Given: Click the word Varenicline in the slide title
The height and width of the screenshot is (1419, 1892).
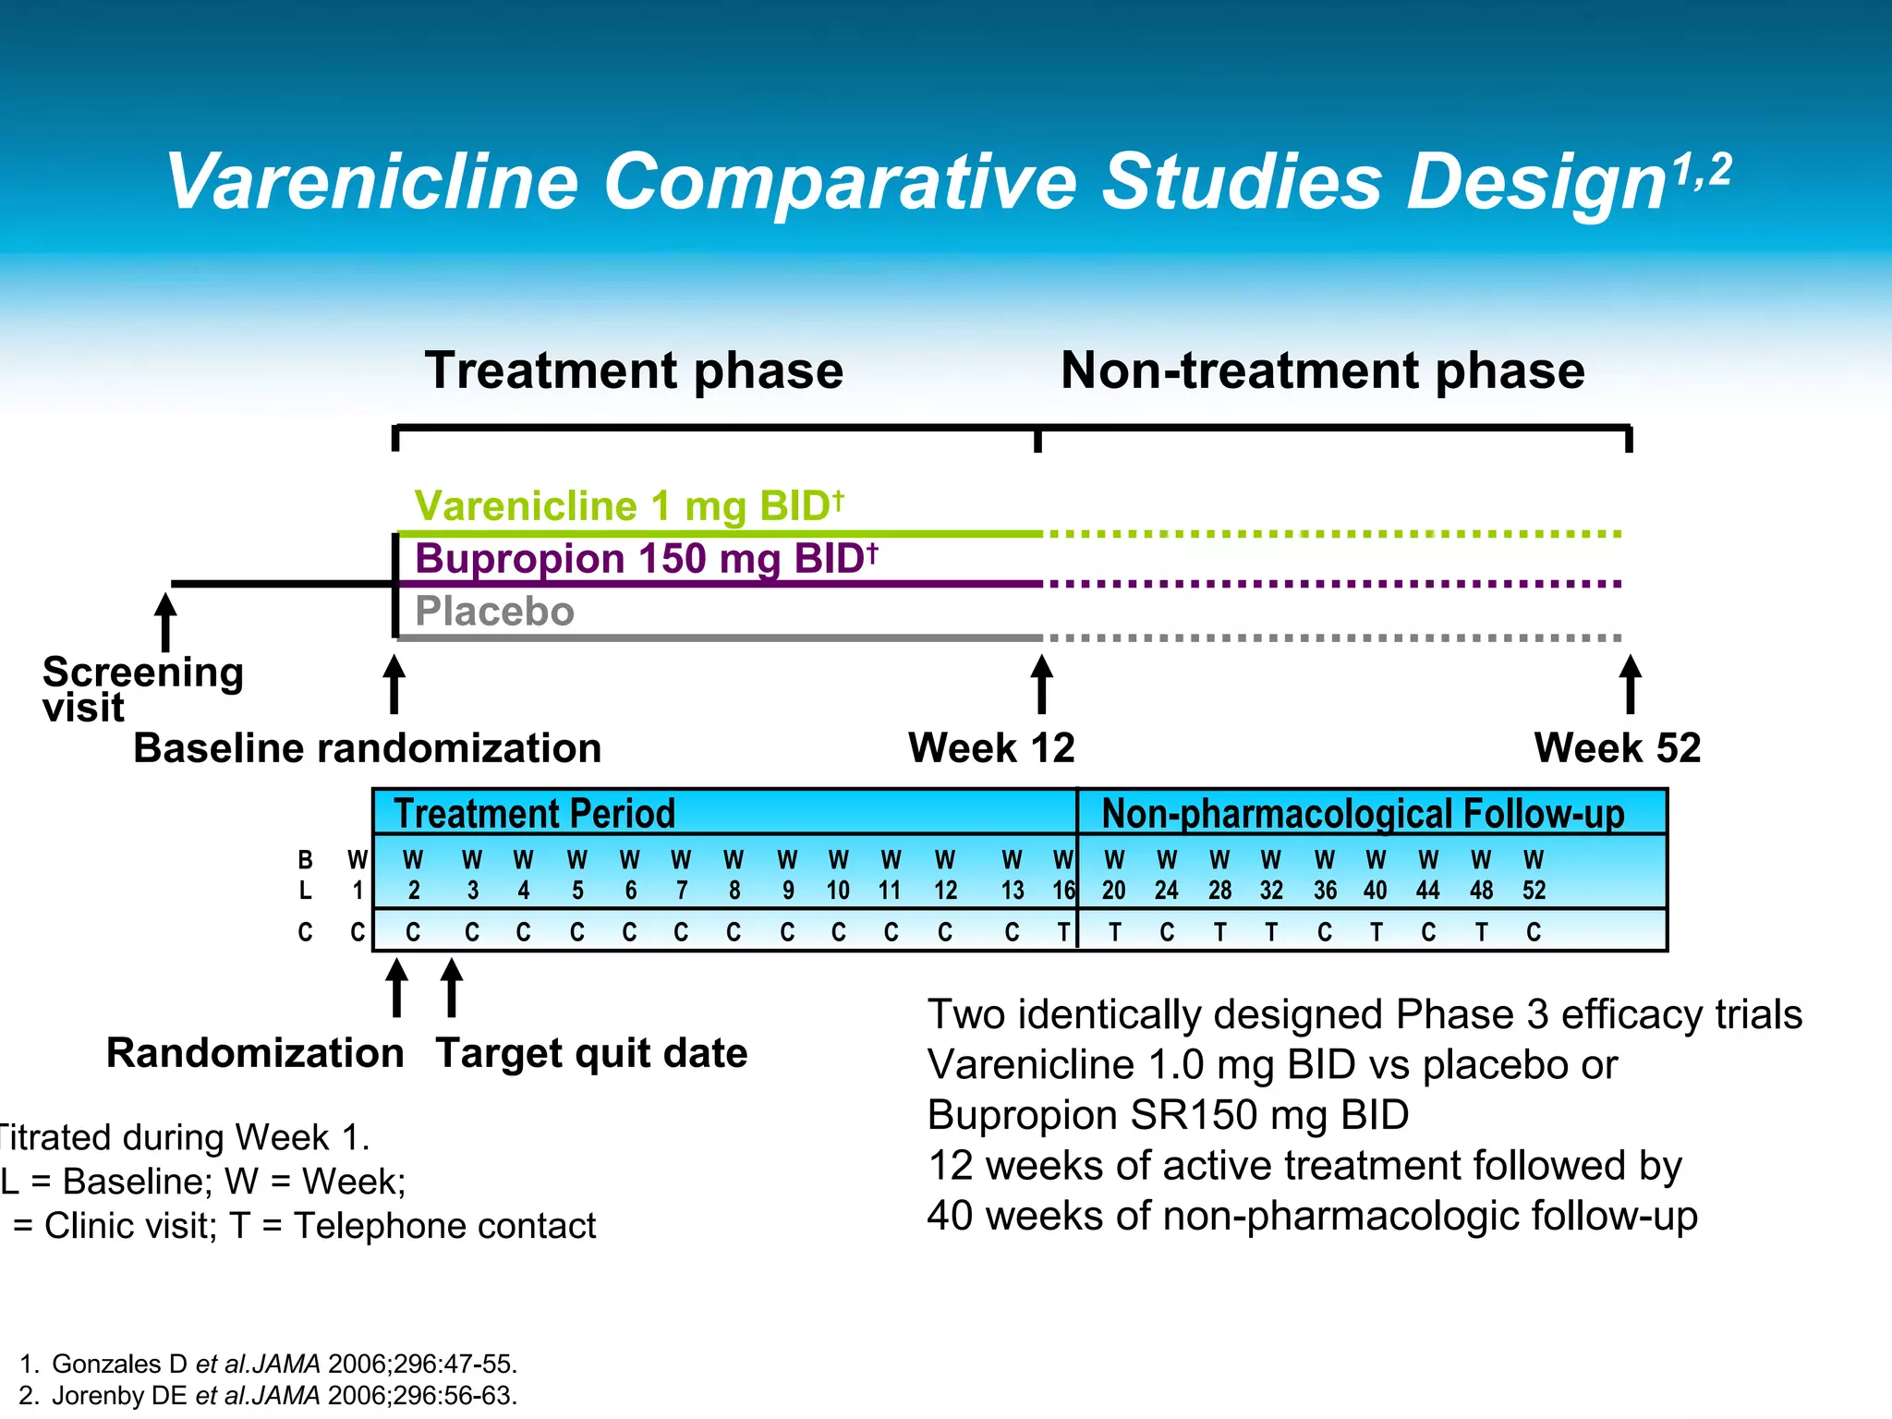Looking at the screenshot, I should pyautogui.click(x=371, y=182).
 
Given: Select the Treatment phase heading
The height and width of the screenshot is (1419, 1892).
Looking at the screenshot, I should pyautogui.click(x=634, y=370).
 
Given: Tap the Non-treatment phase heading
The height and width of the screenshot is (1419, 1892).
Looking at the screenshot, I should pyautogui.click(x=1322, y=370).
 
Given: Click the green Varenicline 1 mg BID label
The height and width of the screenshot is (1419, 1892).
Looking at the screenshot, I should pyautogui.click(x=628, y=506).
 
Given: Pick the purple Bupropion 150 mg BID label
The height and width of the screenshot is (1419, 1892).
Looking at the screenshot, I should pyautogui.click(x=645, y=559).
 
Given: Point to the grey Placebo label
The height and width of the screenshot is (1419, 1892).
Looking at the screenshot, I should pyautogui.click(x=494, y=612).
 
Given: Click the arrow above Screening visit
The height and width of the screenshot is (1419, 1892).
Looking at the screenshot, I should pyautogui.click(x=165, y=622).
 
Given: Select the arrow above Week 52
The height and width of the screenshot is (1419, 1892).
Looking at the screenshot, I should pyautogui.click(x=1631, y=684).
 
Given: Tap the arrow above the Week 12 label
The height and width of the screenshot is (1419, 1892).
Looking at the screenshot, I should pyautogui.click(x=1042, y=684).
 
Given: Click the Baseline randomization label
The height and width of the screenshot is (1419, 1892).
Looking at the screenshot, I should pyautogui.click(x=367, y=748).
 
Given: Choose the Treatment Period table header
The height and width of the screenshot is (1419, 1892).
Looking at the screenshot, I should pyautogui.click(x=534, y=813).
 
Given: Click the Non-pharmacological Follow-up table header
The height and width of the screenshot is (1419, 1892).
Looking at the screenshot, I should pyautogui.click(x=1363, y=813).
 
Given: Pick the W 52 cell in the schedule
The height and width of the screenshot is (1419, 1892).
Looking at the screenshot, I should pyautogui.click(x=1534, y=875).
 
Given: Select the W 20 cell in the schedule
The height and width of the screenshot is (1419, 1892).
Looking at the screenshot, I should pyautogui.click(x=1114, y=875).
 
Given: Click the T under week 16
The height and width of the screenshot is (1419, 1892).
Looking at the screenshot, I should pyautogui.click(x=1063, y=932).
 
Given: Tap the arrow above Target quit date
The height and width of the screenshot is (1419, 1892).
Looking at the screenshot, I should pyautogui.click(x=452, y=987).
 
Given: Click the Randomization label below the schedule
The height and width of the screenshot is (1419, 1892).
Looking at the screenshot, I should pyautogui.click(x=255, y=1053).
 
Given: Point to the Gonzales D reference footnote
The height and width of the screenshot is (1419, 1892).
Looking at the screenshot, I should pyautogui.click(x=268, y=1364).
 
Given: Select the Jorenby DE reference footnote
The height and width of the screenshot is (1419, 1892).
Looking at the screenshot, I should pyautogui.click(x=268, y=1395).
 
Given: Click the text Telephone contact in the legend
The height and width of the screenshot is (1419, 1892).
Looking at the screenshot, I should pyautogui.click(x=443, y=1226).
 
